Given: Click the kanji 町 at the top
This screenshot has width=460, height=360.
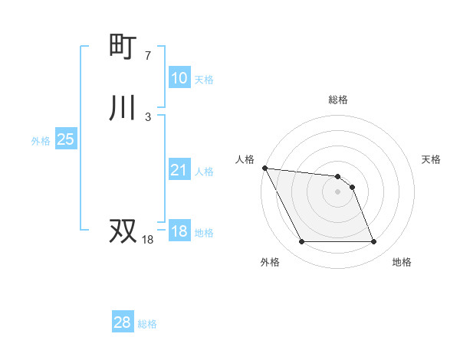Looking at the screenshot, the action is [122, 48].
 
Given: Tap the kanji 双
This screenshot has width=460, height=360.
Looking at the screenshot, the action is [123, 231].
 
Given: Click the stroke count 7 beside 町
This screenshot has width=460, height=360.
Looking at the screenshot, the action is [148, 56].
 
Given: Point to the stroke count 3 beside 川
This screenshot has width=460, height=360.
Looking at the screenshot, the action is [148, 116].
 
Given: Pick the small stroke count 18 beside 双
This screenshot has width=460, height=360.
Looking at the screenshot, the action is [148, 240].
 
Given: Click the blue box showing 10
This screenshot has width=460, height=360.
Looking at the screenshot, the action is [179, 78].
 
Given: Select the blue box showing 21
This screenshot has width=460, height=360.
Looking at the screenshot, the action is [179, 170].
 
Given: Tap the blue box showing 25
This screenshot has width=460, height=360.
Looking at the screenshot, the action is [66, 139].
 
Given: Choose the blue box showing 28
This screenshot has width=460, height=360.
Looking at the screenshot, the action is [123, 322].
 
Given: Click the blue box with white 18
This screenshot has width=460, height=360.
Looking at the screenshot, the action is [179, 231].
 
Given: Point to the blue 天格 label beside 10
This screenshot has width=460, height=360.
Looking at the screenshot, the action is [204, 79].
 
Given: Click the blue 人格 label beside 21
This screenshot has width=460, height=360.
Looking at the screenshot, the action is [204, 171].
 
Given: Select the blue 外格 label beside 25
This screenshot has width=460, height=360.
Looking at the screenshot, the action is [41, 140].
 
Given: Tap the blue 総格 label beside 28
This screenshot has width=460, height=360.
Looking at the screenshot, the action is [147, 323].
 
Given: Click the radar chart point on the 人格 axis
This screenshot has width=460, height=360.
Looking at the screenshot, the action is [264, 168].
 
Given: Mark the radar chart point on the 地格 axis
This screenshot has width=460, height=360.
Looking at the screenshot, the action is [374, 242].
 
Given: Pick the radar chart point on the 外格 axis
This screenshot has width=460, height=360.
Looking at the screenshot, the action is [301, 242].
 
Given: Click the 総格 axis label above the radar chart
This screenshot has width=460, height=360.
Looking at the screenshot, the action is [338, 100].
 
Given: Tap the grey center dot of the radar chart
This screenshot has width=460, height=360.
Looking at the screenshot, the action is [338, 191].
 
